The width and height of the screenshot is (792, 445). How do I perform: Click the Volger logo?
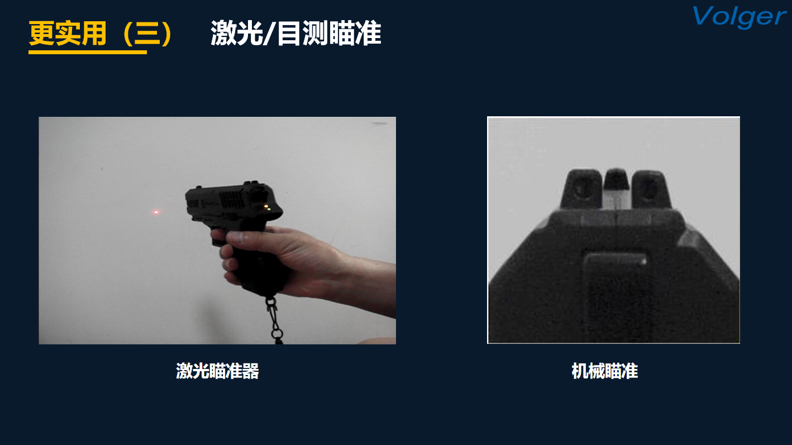[739, 17]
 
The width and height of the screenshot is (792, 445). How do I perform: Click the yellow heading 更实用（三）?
[101, 34]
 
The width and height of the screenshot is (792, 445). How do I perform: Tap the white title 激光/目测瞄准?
[296, 34]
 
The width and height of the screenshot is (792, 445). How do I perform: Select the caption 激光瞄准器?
[217, 371]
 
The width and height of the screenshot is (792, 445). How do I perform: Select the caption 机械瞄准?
[604, 371]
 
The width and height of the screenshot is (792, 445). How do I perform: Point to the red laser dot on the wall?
[156, 212]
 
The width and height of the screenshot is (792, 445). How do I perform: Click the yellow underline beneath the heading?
[88, 53]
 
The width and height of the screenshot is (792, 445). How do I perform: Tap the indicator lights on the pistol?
[268, 207]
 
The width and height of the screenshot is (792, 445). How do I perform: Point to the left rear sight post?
[581, 189]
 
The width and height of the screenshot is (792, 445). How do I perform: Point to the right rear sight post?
[651, 190]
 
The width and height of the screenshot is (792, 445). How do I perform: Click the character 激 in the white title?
[223, 34]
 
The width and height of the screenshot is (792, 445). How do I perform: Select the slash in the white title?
[270, 34]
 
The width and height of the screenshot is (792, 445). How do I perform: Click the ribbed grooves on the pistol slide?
[232, 199]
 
